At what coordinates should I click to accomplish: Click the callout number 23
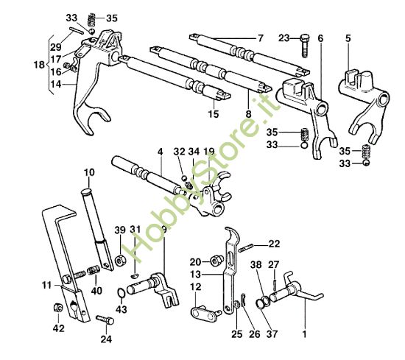pyautogui.click(x=285, y=37)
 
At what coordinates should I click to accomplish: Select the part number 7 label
pyautogui.click(x=259, y=37)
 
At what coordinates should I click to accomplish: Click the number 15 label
pyautogui.click(x=214, y=114)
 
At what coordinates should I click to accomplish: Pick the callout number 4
pyautogui.click(x=158, y=152)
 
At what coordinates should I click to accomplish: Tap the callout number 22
pyautogui.click(x=274, y=244)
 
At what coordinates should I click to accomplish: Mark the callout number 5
pyautogui.click(x=348, y=37)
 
